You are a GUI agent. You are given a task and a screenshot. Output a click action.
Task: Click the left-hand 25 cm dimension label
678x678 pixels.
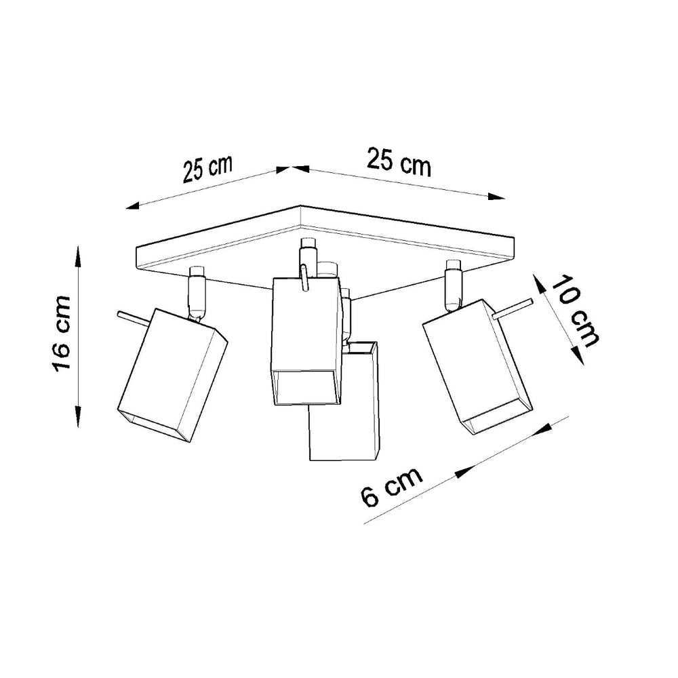coord(207,169)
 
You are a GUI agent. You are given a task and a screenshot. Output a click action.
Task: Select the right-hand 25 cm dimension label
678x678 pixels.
coord(399,163)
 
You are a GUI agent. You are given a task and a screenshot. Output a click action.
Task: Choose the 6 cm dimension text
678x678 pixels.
coord(391,487)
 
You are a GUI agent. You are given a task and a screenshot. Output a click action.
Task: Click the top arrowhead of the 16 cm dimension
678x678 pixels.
coord(78,256)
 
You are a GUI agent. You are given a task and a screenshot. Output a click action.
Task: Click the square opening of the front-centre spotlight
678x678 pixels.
coord(304,387)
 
